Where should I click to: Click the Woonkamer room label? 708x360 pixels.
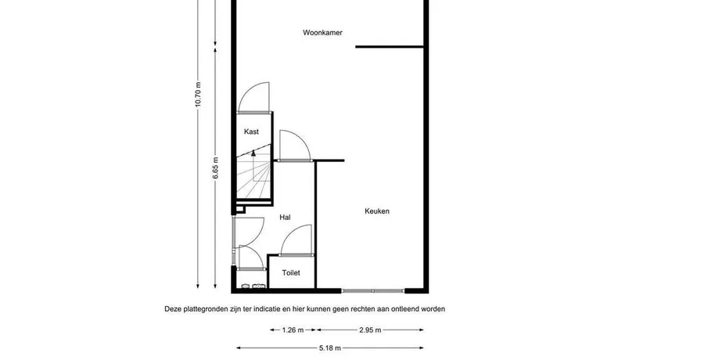pos(322,33)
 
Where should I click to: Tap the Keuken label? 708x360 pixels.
pos(377,211)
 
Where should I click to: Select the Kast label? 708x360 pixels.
pos(251,131)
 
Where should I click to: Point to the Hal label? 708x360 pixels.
pos(285,218)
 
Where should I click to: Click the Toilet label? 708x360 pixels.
pos(291,273)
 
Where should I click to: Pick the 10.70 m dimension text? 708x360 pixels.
pos(198,95)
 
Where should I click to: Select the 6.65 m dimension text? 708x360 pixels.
pos(215,168)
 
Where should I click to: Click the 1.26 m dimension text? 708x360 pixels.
pos(293,330)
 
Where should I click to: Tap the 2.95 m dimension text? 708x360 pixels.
pos(370,330)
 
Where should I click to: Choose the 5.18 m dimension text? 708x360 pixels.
pos(330,348)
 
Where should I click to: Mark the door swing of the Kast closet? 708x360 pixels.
pos(253,97)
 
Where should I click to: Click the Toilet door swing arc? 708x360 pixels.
pos(296,239)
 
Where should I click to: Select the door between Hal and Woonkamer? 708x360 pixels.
pos(295,146)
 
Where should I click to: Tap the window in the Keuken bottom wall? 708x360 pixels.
pos(373,291)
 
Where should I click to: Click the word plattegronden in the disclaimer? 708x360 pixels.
pos(200,309)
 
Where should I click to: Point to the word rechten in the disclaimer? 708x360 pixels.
pos(364,309)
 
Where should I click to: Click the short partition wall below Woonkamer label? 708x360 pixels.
pos(390,46)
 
